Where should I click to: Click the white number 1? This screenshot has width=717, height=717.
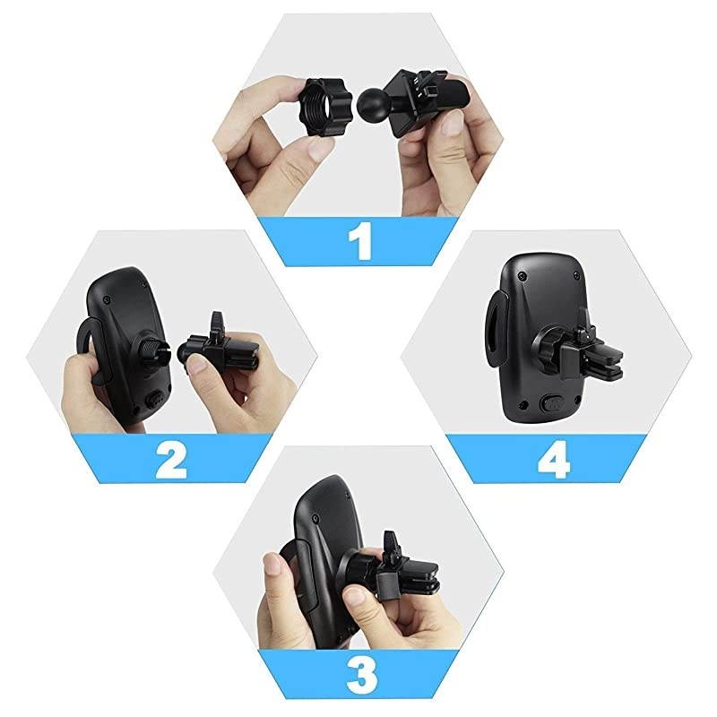coord(360,242)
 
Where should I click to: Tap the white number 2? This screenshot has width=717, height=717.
coord(170,460)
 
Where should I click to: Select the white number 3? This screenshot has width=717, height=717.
coord(360,672)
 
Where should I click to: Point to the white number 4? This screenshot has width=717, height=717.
coord(553,460)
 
